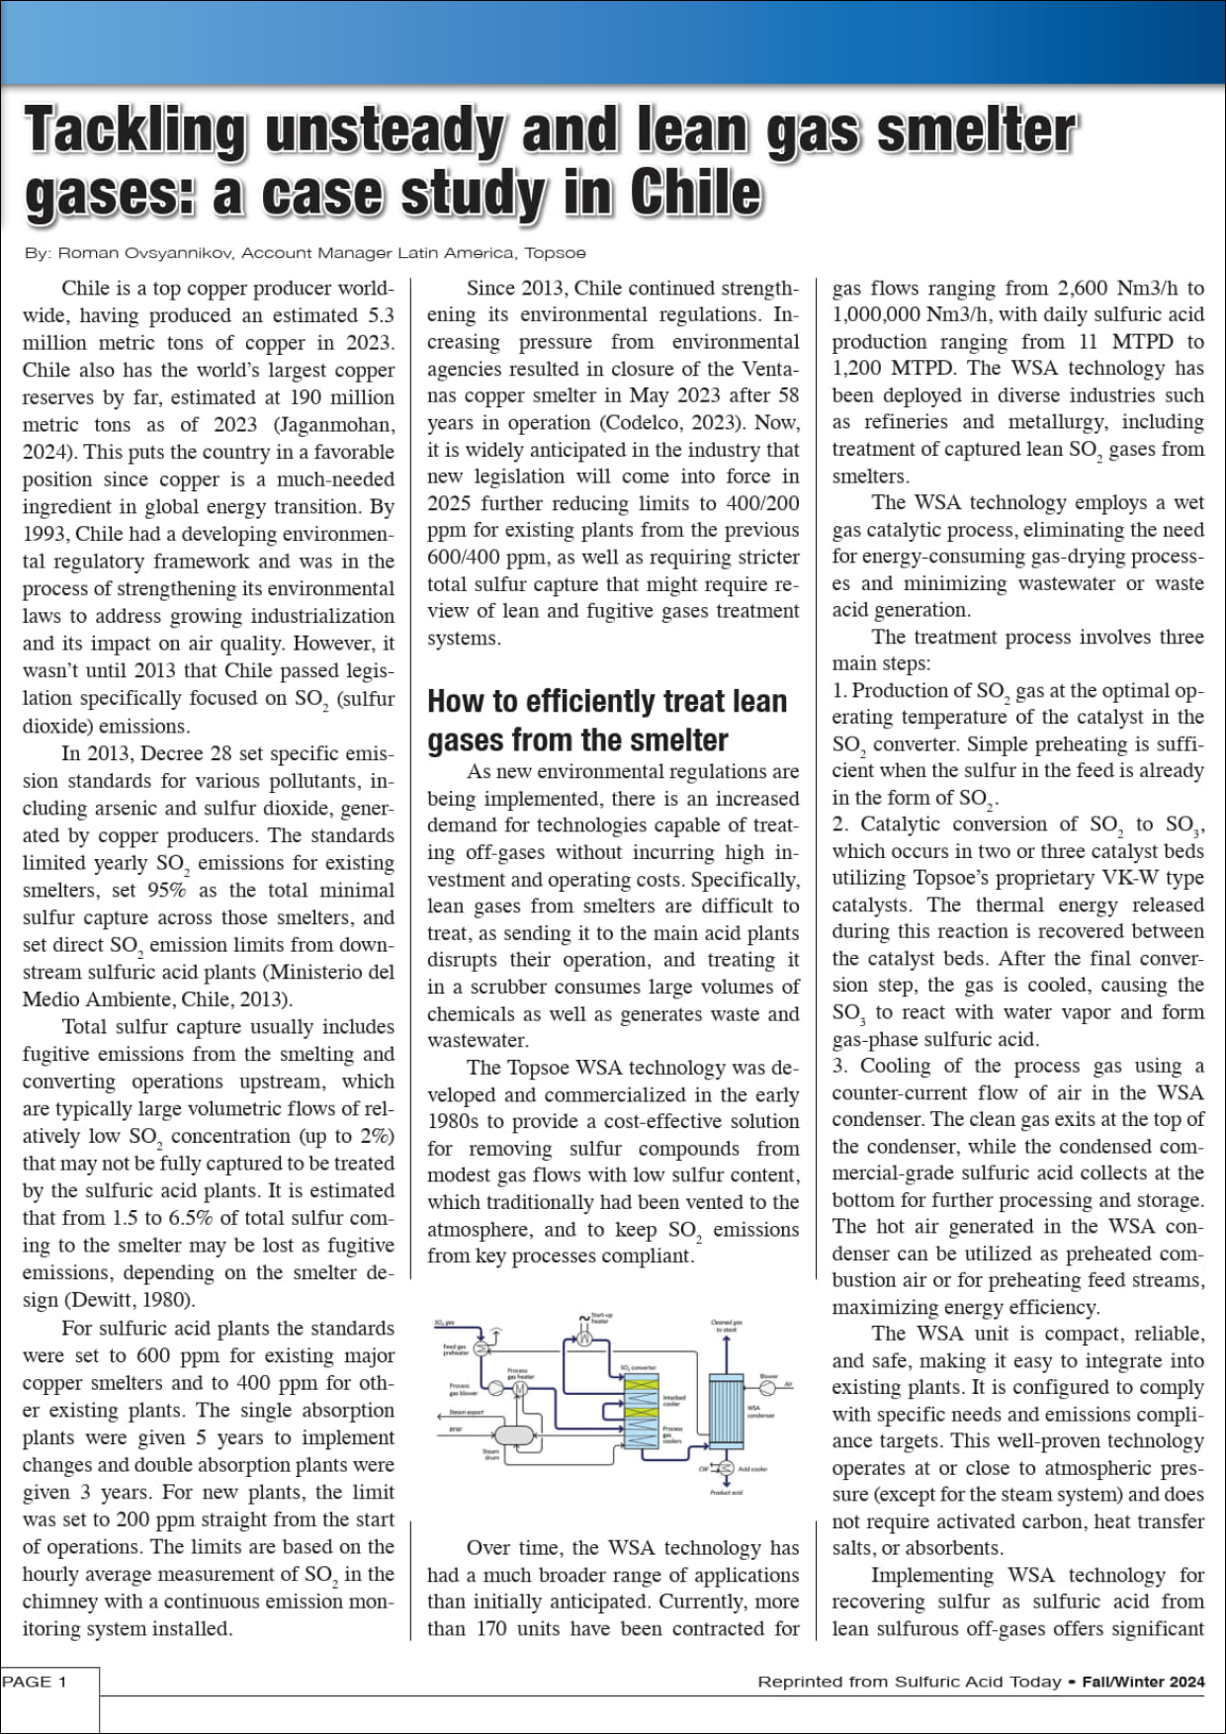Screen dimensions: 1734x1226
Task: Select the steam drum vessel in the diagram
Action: [514, 1434]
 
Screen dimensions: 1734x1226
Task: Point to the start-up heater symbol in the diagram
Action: [584, 1339]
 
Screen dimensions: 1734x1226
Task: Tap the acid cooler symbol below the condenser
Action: [727, 1468]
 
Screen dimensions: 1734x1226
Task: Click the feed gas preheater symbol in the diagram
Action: [481, 1348]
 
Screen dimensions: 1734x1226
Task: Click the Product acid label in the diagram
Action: [727, 1493]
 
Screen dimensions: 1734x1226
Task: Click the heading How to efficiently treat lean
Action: [607, 702]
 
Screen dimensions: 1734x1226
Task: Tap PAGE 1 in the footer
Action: [35, 1682]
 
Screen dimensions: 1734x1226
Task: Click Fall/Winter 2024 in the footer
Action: [1143, 1682]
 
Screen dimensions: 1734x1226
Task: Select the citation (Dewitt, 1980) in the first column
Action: [130, 1300]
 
